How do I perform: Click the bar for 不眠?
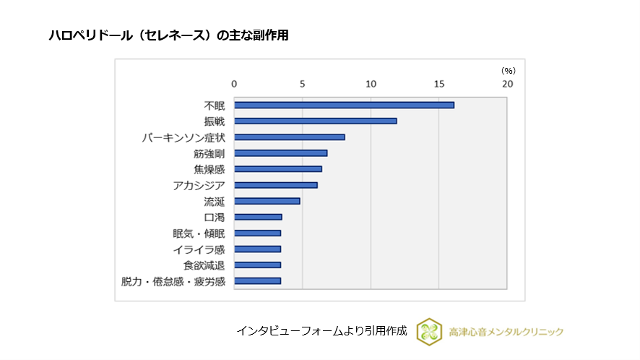click(344, 105)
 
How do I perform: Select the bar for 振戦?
click(315, 121)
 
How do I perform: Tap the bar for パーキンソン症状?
click(289, 137)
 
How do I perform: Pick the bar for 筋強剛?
click(280, 153)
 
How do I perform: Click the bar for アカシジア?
click(275, 185)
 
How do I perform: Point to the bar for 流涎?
click(267, 201)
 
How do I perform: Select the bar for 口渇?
click(258, 217)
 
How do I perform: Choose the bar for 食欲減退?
click(257, 265)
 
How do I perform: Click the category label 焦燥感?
click(209, 169)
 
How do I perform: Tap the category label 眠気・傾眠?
click(199, 233)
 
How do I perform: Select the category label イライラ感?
click(199, 249)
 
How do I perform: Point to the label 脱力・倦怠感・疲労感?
click(173, 281)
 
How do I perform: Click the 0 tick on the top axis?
click(234, 84)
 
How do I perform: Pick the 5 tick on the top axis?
click(302, 84)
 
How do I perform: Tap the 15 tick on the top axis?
click(439, 84)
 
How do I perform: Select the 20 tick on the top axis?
click(508, 84)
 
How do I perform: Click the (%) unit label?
click(509, 70)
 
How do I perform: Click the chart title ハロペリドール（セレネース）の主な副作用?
click(168, 35)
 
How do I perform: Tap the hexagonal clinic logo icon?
click(430, 331)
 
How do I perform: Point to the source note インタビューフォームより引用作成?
click(321, 331)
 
